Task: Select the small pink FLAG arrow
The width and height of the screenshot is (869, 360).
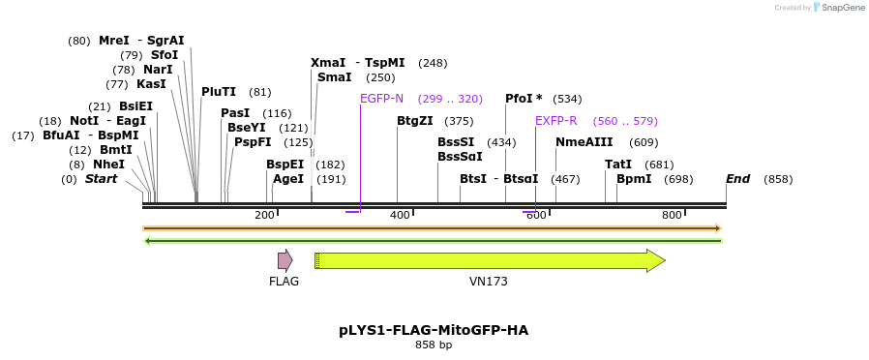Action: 285,260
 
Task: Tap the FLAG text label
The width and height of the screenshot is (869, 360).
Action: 284,282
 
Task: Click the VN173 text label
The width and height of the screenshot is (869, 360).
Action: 489,282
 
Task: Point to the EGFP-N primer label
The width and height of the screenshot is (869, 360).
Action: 381,99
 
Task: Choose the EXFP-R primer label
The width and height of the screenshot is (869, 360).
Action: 556,121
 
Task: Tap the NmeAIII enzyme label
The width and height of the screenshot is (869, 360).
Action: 578,142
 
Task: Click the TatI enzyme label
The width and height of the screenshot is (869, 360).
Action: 618,165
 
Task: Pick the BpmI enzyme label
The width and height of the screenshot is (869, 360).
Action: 634,179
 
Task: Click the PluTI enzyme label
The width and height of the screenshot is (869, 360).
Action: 219,92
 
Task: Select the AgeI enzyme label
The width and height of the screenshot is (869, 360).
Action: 288,179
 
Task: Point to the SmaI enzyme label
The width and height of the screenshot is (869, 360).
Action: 335,77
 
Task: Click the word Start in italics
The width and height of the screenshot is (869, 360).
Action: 101,179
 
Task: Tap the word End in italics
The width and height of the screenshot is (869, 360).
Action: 738,179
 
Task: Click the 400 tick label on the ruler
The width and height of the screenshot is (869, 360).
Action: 399,215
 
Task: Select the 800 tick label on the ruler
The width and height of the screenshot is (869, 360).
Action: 672,215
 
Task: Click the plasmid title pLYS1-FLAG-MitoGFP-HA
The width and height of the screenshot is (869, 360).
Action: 434,330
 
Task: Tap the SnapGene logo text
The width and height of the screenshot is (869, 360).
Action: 843,8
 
